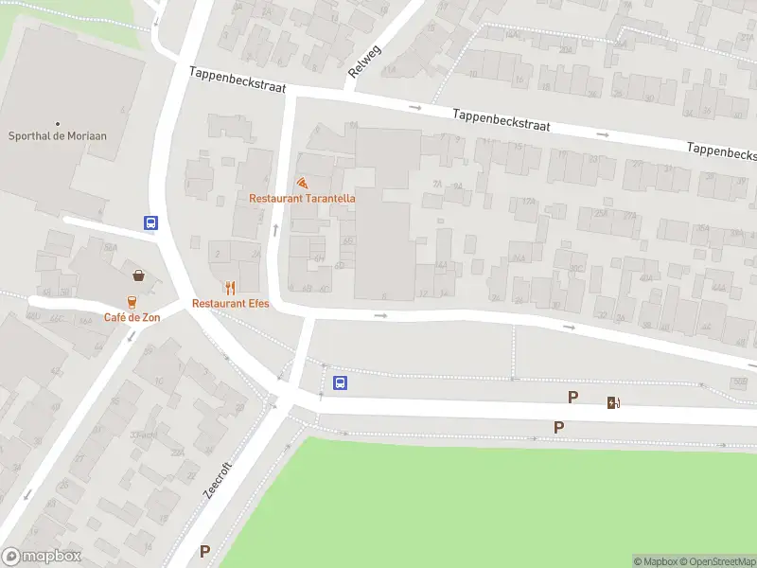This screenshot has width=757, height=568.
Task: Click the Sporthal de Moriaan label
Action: pyautogui.click(x=58, y=135)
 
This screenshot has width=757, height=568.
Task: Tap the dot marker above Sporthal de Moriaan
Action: pyautogui.click(x=58, y=123)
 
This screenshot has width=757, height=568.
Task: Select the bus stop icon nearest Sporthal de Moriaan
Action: pyautogui.click(x=150, y=223)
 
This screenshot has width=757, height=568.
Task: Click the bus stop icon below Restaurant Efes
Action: pyautogui.click(x=341, y=383)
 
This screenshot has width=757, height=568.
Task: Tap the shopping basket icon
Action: pyautogui.click(x=139, y=275)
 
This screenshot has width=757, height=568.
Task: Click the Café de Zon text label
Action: pyautogui.click(x=132, y=317)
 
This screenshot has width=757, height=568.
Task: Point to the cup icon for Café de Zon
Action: pyautogui.click(x=132, y=301)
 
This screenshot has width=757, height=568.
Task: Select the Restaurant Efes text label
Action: pyautogui.click(x=231, y=303)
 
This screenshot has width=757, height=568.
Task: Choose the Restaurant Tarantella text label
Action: pyautogui.click(x=302, y=198)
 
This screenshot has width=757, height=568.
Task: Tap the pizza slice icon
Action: pyautogui.click(x=302, y=182)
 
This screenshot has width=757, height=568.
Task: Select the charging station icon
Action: pyautogui.click(x=613, y=402)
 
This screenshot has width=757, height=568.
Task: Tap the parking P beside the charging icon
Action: pyautogui.click(x=572, y=398)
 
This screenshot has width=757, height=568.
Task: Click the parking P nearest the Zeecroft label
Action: pyautogui.click(x=204, y=551)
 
